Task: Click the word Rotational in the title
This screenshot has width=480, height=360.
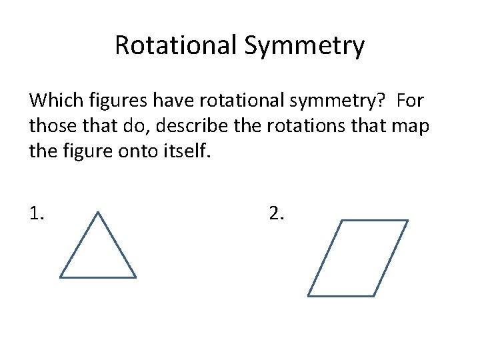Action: [x=175, y=45]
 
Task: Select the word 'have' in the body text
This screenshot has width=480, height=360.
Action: [x=162, y=101]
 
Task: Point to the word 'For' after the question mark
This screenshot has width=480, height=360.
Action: [x=410, y=101]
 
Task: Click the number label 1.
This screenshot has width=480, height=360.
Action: [x=37, y=214]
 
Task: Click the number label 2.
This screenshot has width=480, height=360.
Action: [x=276, y=214]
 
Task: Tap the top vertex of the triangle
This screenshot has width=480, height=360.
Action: [x=98, y=213]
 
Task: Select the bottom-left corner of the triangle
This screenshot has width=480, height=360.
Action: [x=61, y=277]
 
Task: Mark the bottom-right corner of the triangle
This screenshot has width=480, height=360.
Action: [x=135, y=277]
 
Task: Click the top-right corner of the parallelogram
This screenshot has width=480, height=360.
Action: [x=407, y=221]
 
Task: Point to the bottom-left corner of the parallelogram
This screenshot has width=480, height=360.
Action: [x=309, y=295]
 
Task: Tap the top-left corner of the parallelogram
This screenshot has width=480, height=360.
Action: [x=342, y=221]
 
